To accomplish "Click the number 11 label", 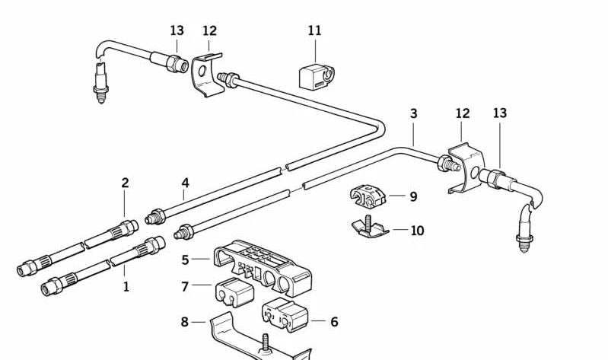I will pyautogui.click(x=314, y=31).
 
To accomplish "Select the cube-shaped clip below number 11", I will pyautogui.click(x=314, y=74).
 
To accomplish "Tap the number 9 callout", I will pyautogui.click(x=413, y=196).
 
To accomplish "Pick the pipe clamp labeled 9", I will pyautogui.click(x=368, y=197).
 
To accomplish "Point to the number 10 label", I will pyautogui.click(x=417, y=231).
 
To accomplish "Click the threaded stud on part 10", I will pyautogui.click(x=366, y=222).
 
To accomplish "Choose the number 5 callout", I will pyautogui.click(x=185, y=260).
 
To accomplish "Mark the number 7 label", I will pyautogui.click(x=185, y=286).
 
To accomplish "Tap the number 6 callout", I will pyautogui.click(x=333, y=322).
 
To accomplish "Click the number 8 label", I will pyautogui.click(x=184, y=322).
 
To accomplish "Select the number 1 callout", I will pyautogui.click(x=126, y=287).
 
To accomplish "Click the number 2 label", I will pyautogui.click(x=125, y=183).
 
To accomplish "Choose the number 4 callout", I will pyautogui.click(x=185, y=183).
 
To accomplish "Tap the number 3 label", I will pyautogui.click(x=413, y=113).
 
